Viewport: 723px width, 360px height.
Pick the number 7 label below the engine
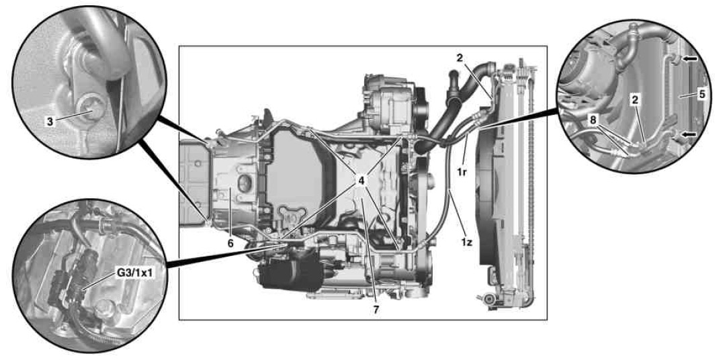tap(376, 310)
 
